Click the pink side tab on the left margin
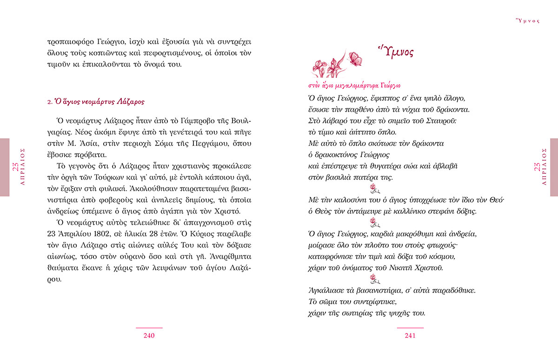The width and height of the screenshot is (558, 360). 5,167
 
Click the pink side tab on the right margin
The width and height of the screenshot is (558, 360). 553,167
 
